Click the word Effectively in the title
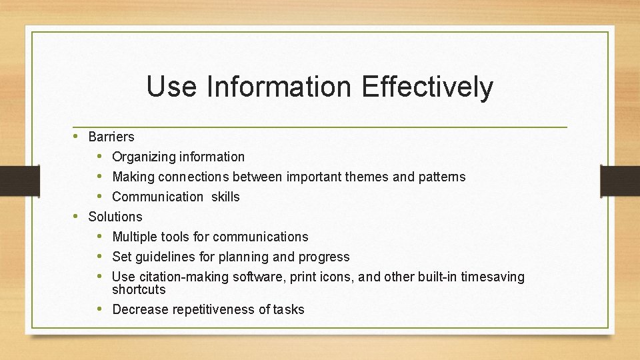[427, 87]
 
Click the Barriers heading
[111, 137]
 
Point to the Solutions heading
[115, 217]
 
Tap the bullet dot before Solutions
[76, 216]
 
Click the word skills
[226, 197]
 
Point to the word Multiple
[136, 237]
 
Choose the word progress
[324, 257]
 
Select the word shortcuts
[139, 289]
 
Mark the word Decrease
[140, 309]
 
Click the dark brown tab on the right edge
[620, 181]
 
